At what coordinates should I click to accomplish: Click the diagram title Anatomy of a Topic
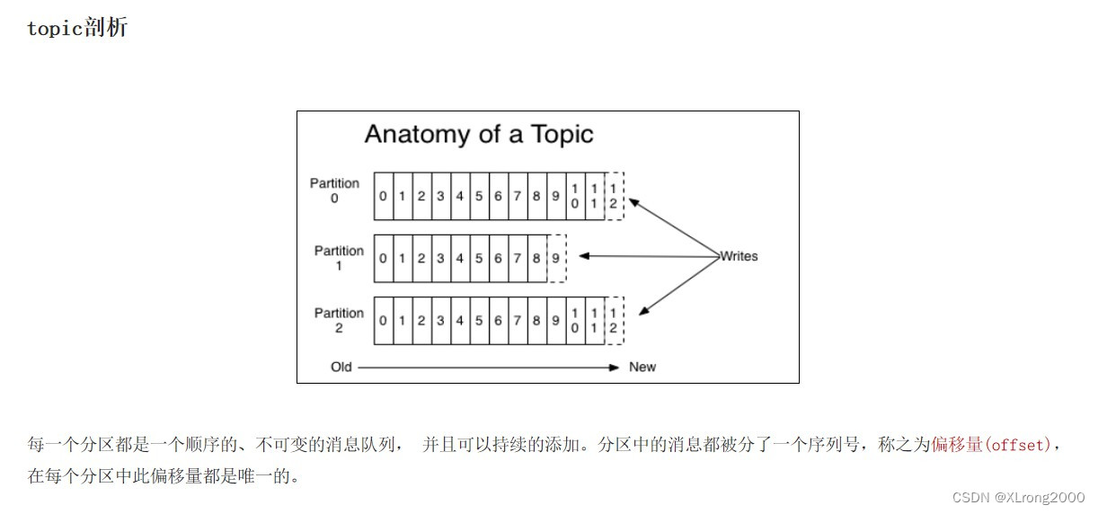click(479, 135)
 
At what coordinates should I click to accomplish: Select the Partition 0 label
click(334, 191)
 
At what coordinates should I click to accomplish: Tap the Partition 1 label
click(339, 258)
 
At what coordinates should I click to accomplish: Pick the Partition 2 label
click(339, 320)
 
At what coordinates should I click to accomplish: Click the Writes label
click(739, 256)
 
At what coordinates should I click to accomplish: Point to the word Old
click(341, 367)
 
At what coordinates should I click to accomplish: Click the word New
click(642, 367)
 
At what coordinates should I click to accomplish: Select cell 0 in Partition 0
click(384, 196)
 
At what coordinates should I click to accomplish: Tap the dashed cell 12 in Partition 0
click(614, 196)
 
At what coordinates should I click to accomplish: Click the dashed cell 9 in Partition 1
click(556, 258)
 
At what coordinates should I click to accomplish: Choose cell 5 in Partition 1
click(479, 258)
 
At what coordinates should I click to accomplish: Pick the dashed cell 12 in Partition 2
click(614, 321)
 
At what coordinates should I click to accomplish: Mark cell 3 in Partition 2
click(440, 321)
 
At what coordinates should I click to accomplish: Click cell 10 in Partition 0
click(575, 196)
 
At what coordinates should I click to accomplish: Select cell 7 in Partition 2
click(518, 321)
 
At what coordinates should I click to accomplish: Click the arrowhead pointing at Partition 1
click(584, 256)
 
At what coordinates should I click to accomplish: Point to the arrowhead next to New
click(615, 367)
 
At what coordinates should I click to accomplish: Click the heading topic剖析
click(77, 28)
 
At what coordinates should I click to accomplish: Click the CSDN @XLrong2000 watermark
click(1018, 497)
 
